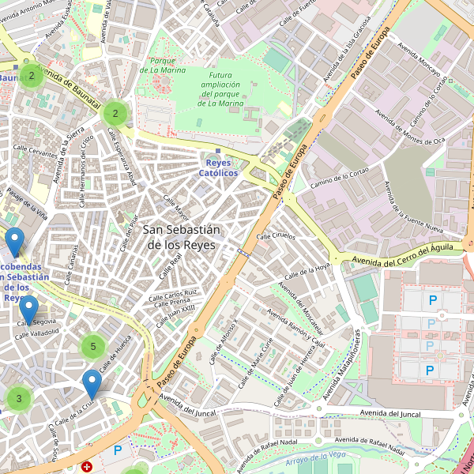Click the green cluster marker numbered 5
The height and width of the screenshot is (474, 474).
(93, 346)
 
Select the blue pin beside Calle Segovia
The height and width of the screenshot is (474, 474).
(29, 310)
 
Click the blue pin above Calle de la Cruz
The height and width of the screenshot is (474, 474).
(92, 384)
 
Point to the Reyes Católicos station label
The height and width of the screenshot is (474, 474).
(217, 167)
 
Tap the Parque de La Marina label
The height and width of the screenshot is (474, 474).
(162, 66)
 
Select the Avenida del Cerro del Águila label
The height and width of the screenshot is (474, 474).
(402, 255)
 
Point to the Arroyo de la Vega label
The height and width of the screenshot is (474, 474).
(316, 457)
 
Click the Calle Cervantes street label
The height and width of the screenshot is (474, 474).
(33, 154)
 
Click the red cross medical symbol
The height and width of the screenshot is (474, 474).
(87, 467)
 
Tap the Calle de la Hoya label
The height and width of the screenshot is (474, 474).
(308, 271)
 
